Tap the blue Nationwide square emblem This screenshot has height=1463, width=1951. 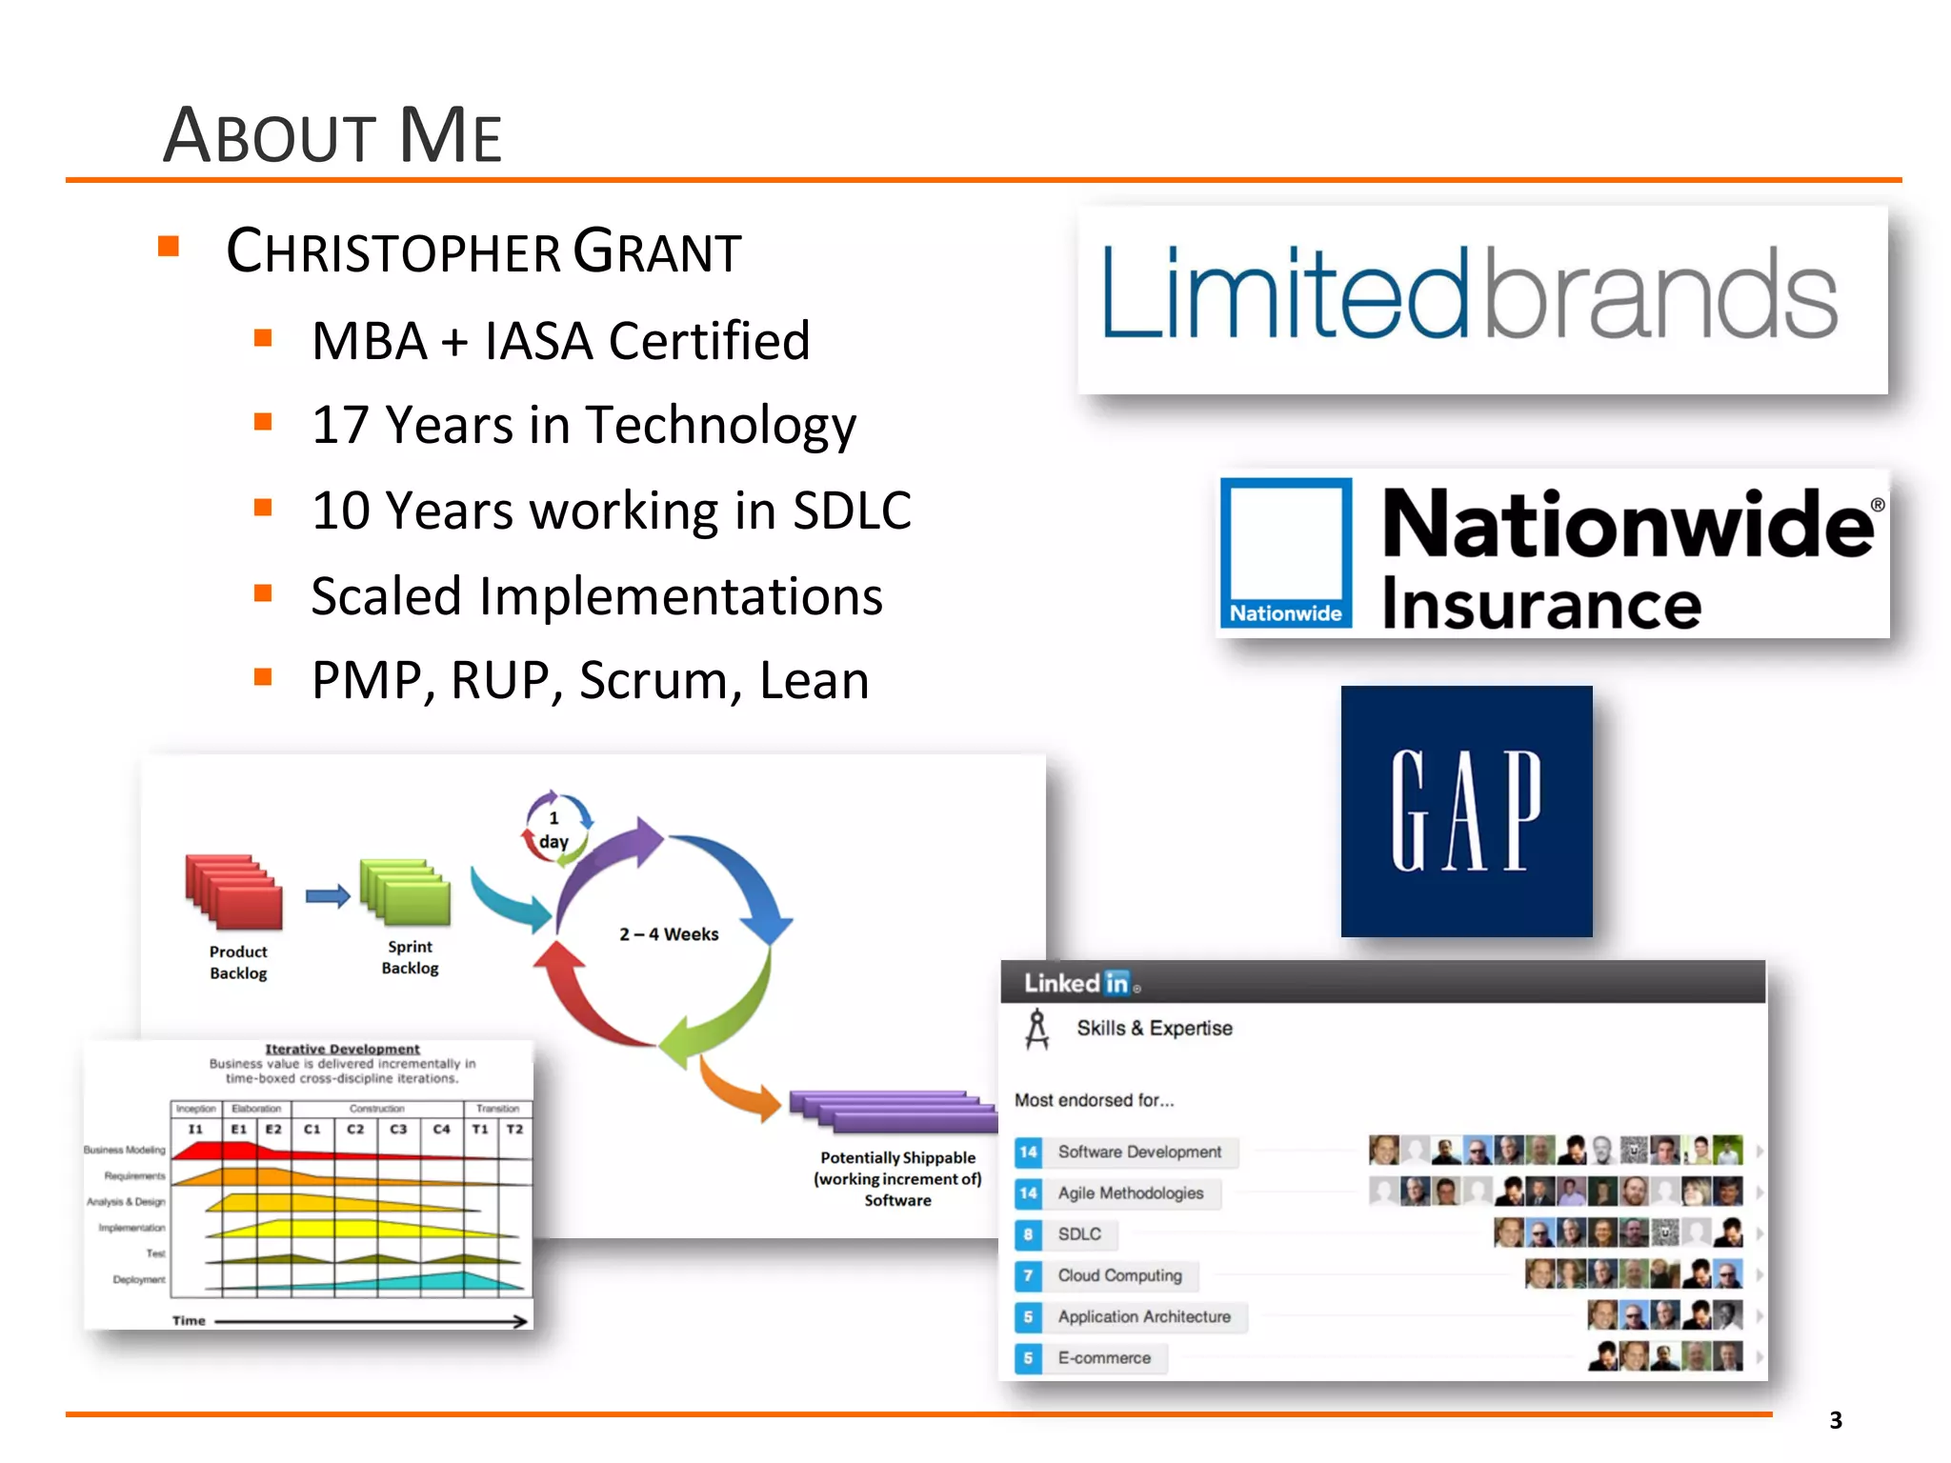pos(1286,552)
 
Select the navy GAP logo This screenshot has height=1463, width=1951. pos(1466,811)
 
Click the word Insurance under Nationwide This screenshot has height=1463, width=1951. pos(1540,604)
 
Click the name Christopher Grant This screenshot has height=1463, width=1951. pos(483,252)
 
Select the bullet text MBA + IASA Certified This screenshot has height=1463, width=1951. pos(560,341)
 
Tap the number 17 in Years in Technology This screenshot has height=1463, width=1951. pos(340,425)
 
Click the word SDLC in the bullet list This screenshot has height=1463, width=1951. pos(852,511)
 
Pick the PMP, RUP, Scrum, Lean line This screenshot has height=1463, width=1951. pos(590,680)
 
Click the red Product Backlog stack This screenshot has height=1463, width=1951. pos(234,891)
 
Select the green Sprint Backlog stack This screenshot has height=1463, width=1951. pos(406,892)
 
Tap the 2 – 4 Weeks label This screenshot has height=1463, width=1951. pos(669,934)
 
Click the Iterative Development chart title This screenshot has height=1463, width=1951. pos(342,1049)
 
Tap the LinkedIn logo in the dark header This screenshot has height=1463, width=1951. pos(1077,983)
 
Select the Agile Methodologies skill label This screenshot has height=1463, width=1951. pos(1130,1193)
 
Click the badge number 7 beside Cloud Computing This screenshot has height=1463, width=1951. pos(1028,1275)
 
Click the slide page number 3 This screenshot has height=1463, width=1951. pos(1836,1420)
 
